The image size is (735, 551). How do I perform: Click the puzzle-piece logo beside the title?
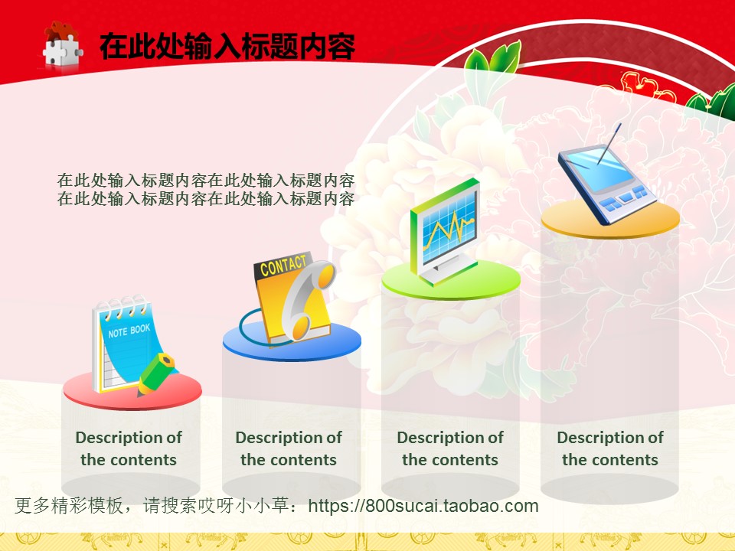pos(62,45)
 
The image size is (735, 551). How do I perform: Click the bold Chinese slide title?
pos(227,47)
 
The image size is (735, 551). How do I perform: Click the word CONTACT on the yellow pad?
pos(283,266)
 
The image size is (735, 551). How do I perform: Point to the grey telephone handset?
pos(309,299)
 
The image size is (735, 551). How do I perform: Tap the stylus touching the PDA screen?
pos(609,143)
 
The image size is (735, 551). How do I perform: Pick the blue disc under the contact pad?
pos(292,342)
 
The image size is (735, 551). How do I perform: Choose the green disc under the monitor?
pos(451,281)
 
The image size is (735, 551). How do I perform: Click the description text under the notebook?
pos(129,448)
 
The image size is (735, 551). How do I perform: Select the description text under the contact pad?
pos(289,448)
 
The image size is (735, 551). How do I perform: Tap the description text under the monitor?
pos(450,448)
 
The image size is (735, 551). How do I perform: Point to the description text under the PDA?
pos(610,448)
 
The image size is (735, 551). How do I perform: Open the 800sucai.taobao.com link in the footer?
pos(423,506)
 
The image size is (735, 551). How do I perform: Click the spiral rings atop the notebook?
pos(122,305)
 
